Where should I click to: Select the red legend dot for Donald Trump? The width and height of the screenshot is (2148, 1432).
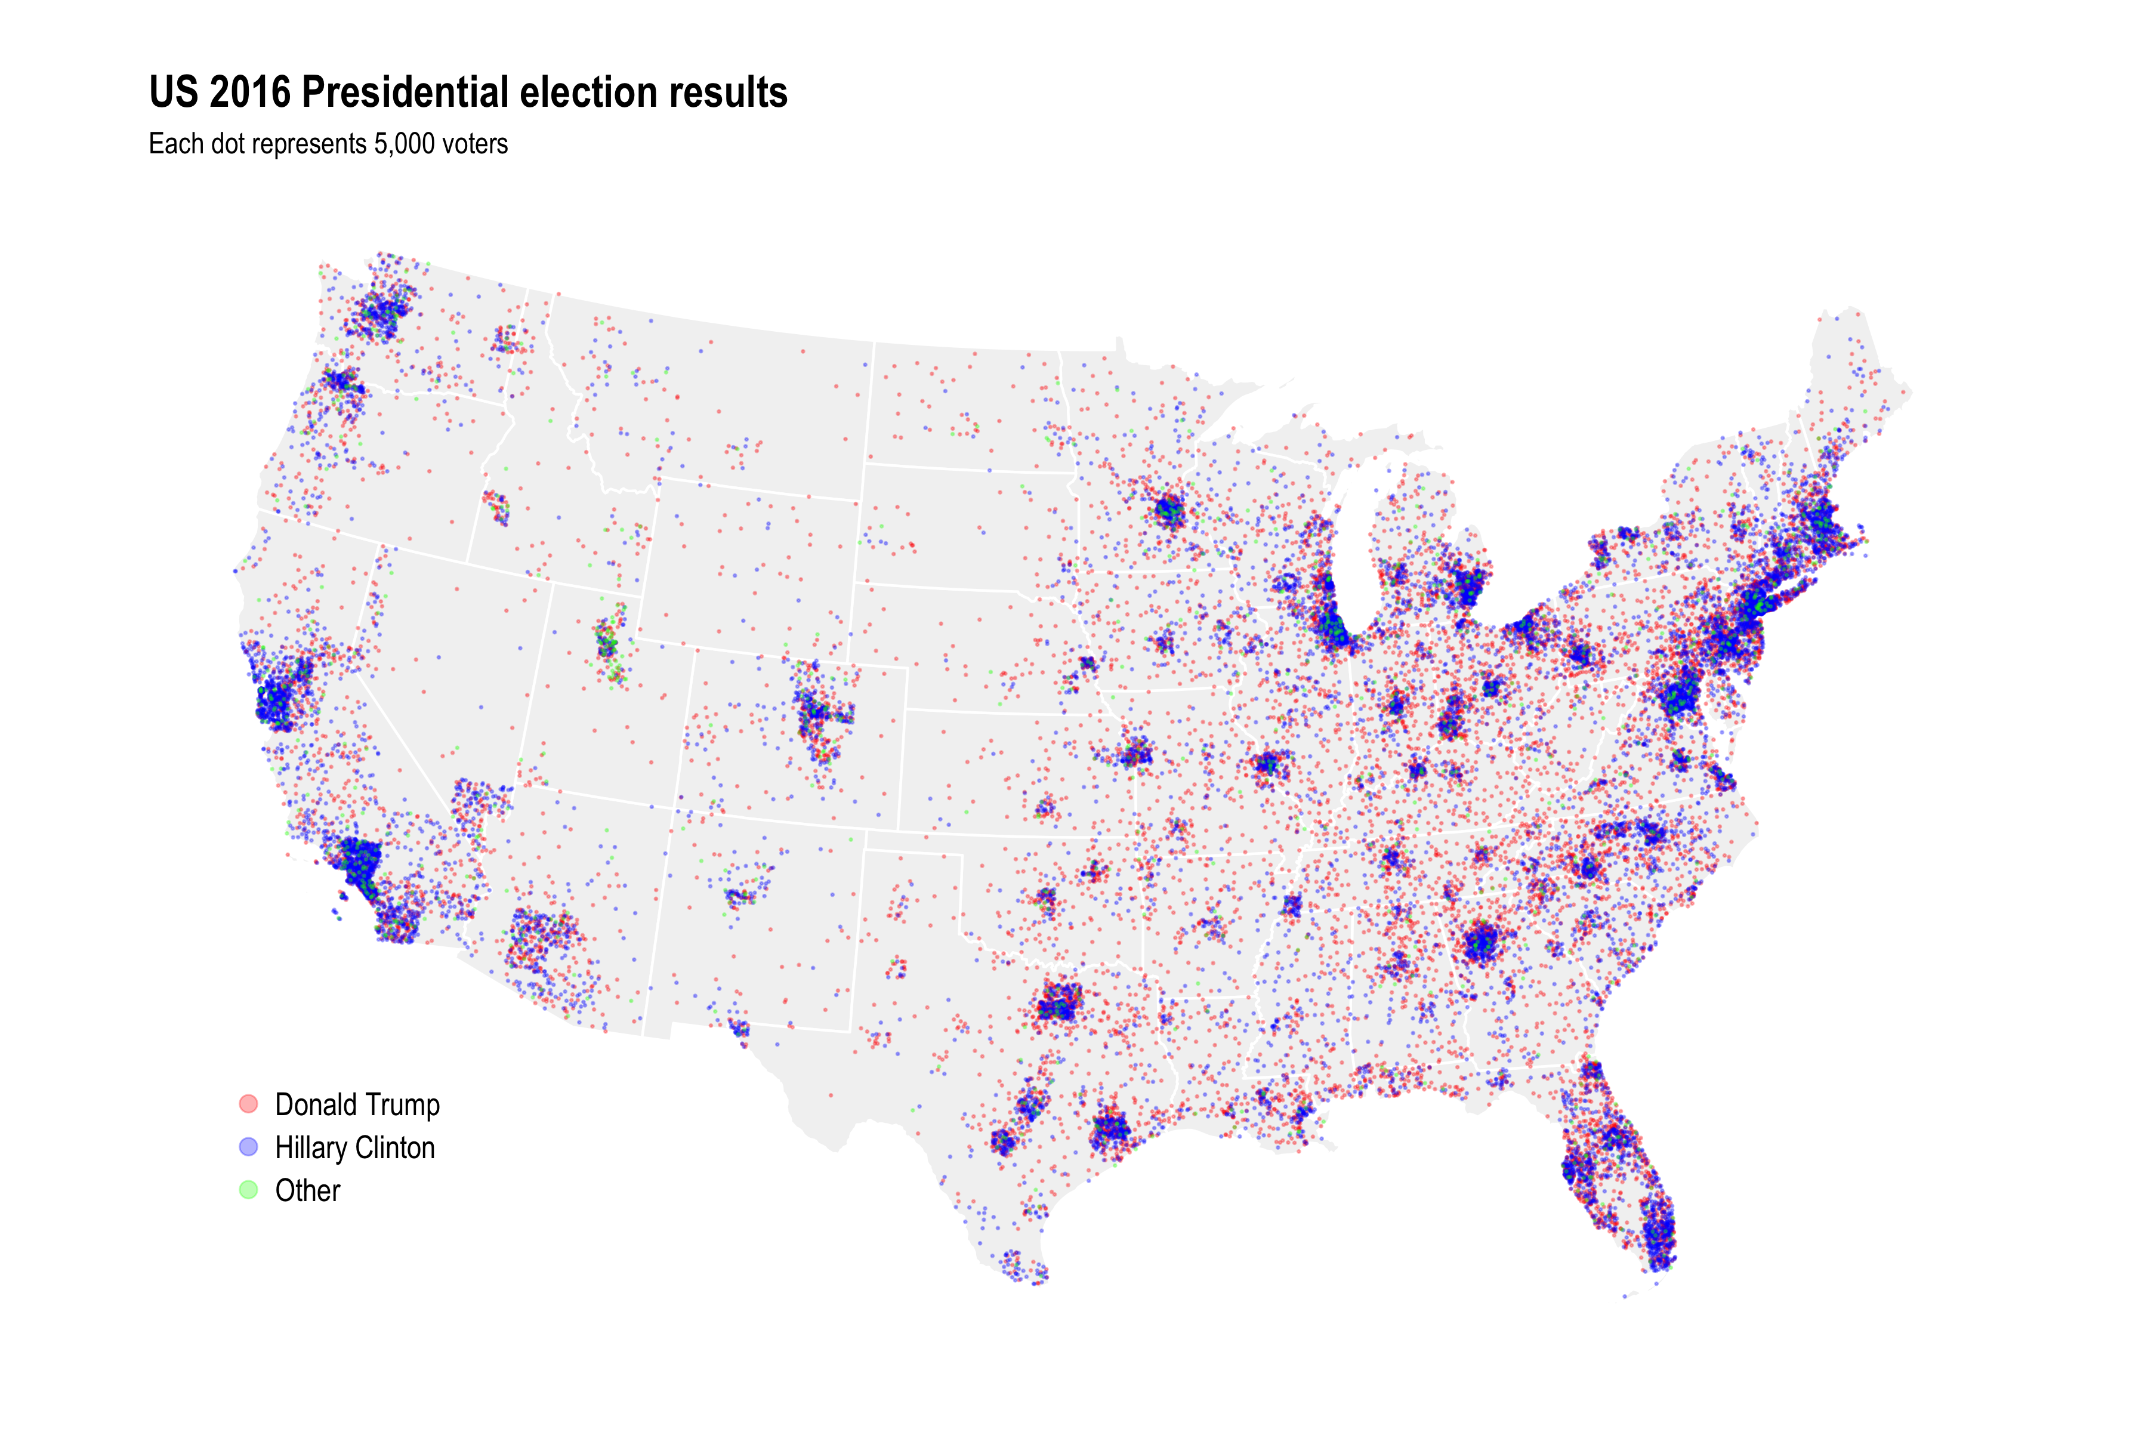pos(248,1103)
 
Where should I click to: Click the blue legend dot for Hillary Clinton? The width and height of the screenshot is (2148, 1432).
pos(248,1146)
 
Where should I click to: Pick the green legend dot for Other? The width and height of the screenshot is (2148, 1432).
pos(248,1189)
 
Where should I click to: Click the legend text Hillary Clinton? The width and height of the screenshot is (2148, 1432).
pos(354,1147)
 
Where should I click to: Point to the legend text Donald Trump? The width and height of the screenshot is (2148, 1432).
pos(357,1104)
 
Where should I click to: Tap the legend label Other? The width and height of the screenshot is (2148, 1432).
pos(308,1190)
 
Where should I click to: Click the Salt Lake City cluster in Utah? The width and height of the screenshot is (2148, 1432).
pos(606,642)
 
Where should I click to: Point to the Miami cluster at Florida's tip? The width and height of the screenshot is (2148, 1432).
pos(1659,1233)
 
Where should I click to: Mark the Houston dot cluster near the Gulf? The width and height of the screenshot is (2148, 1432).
pos(1110,1131)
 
